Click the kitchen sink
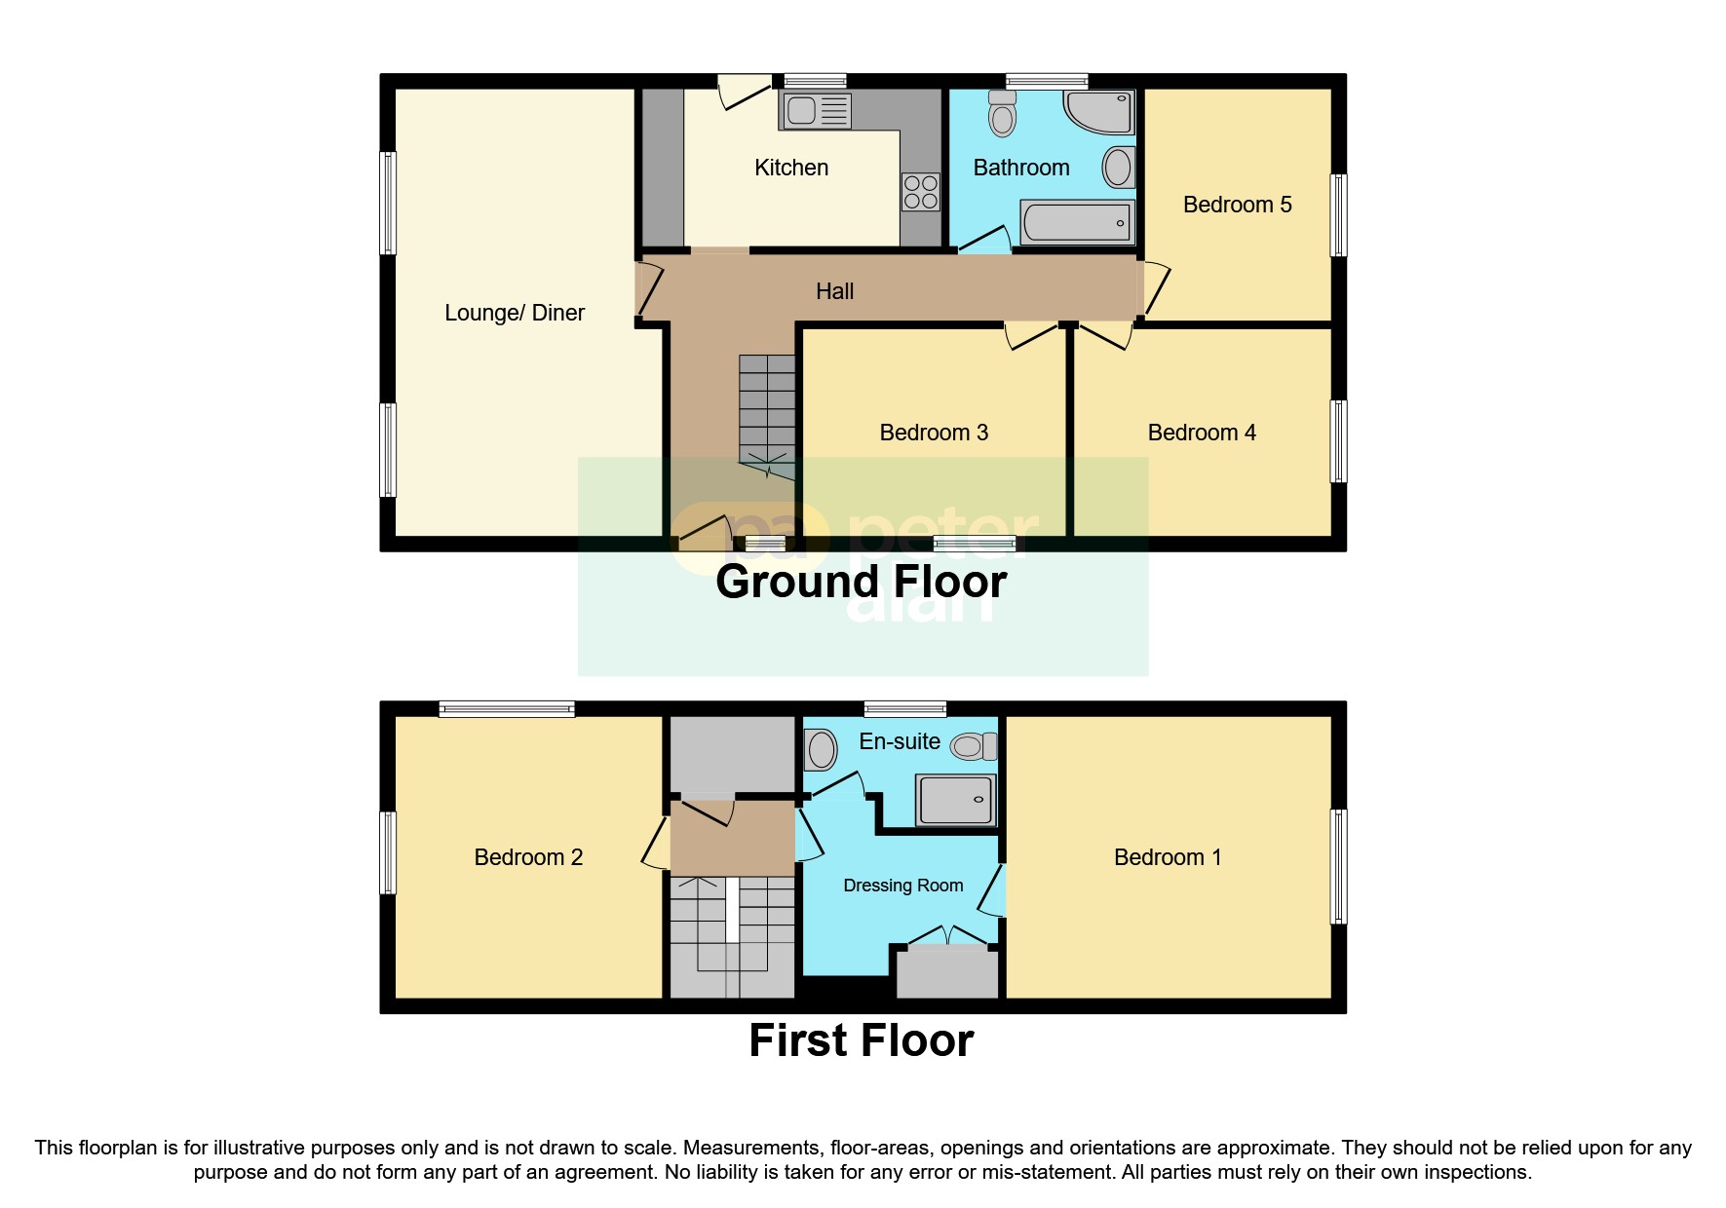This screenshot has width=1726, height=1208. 815,111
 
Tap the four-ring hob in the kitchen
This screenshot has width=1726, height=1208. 921,192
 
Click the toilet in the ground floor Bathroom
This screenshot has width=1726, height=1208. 1002,115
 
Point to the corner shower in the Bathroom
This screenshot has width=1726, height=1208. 1102,111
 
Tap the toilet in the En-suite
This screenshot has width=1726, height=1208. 974,747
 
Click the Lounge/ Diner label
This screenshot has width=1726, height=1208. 515,313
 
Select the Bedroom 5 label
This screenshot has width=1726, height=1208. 1237,205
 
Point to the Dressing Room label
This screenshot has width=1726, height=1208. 902,886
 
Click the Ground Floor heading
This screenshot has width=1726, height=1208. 861,582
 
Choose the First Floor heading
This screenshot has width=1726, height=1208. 861,1039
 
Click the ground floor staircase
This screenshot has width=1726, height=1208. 767,409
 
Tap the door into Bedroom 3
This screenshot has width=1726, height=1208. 1031,336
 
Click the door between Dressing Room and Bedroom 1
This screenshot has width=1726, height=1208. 993,889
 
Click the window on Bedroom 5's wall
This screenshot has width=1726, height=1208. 1339,215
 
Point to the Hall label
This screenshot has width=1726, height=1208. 834,291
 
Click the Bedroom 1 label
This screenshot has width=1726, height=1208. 1168,857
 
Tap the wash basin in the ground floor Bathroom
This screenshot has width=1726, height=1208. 1119,168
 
